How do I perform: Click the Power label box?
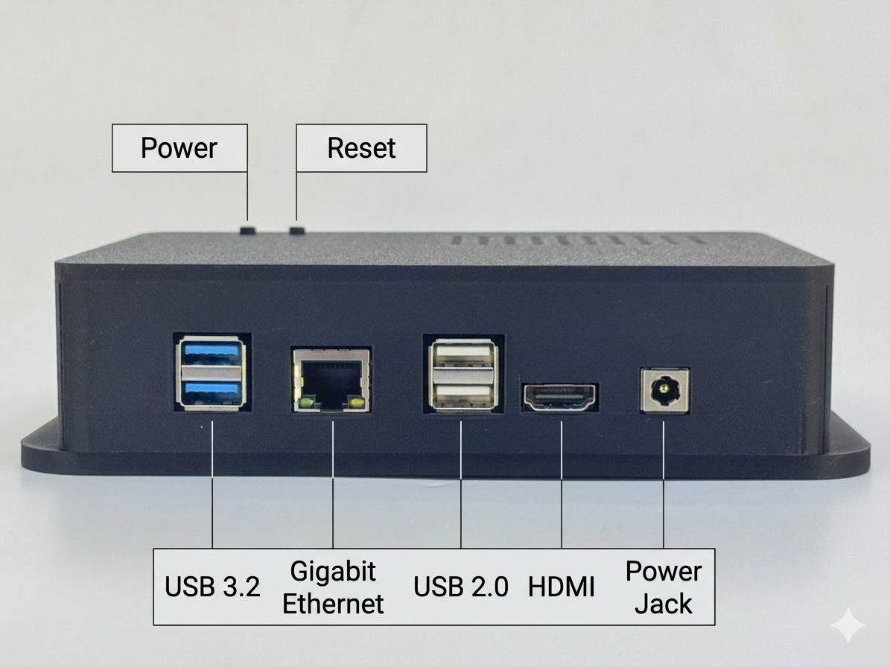click(179, 148)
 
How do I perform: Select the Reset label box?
click(361, 148)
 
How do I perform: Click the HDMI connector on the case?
click(560, 398)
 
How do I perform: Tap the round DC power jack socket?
click(663, 390)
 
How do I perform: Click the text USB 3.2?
click(212, 587)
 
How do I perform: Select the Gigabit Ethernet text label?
click(333, 587)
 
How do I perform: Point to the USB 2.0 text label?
click(461, 587)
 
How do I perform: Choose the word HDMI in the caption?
click(561, 587)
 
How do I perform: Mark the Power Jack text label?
click(663, 587)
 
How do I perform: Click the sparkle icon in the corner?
click(848, 626)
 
